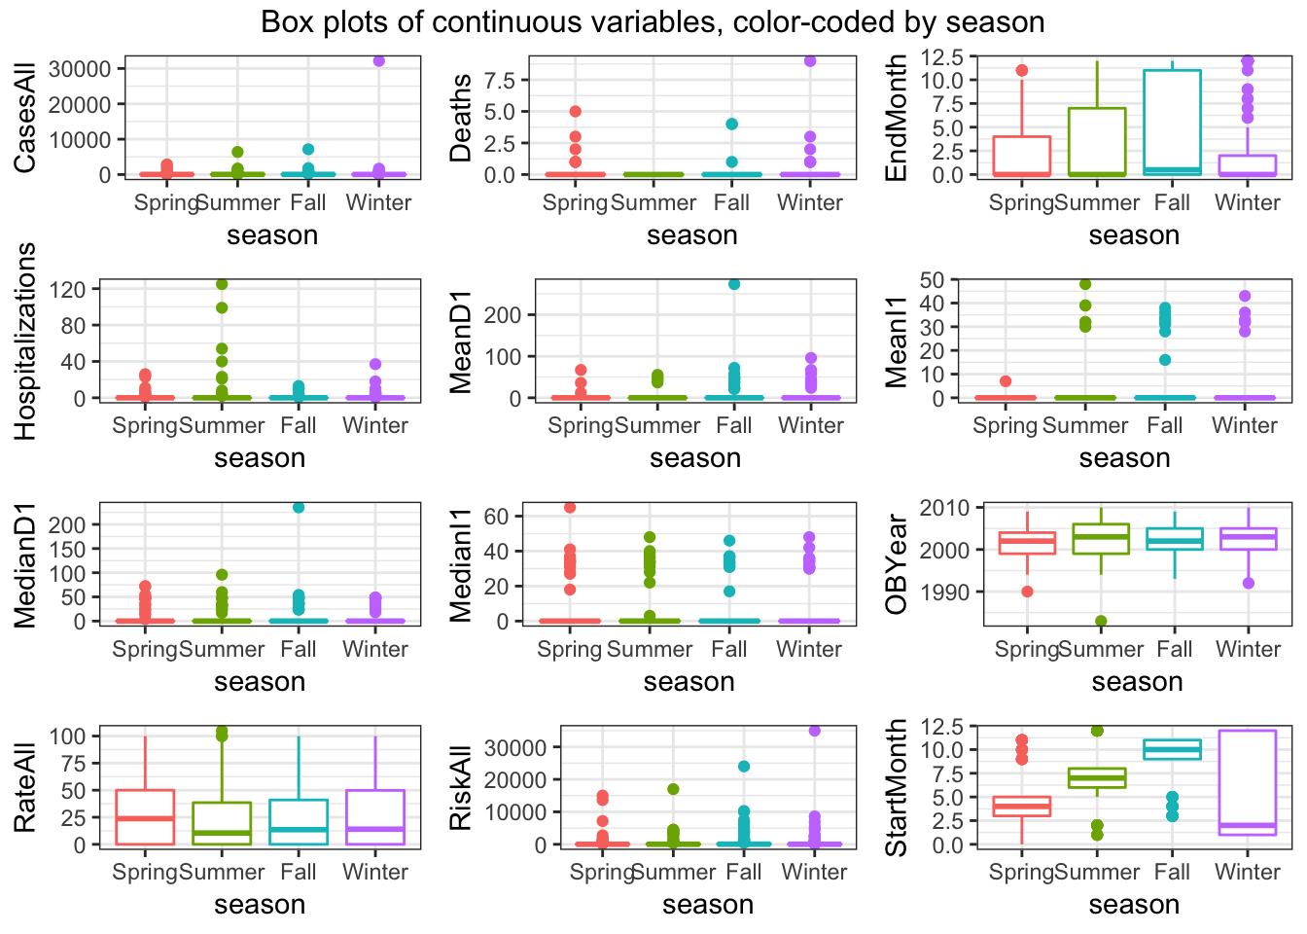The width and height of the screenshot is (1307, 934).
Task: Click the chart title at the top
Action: (x=653, y=21)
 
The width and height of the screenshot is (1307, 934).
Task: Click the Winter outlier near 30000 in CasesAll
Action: (x=378, y=61)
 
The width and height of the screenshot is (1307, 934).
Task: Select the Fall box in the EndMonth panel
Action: (x=1172, y=123)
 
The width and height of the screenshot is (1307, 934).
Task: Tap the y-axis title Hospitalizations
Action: (x=25, y=341)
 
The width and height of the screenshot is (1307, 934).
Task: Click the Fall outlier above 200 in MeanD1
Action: (x=734, y=284)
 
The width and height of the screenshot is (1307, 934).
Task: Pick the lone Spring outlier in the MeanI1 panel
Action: (x=1006, y=381)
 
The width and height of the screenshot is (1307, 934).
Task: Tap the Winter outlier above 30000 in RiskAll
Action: (x=815, y=731)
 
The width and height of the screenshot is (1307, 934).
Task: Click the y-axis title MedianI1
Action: (x=461, y=564)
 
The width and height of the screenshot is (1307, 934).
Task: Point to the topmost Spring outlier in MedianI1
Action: (x=570, y=508)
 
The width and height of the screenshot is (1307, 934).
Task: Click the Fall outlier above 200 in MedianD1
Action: (x=299, y=507)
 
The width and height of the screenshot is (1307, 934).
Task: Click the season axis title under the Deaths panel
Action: (x=691, y=235)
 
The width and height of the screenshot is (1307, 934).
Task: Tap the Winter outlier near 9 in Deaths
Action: (x=810, y=61)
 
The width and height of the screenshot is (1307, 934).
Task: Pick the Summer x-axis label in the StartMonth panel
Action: (x=1097, y=872)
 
